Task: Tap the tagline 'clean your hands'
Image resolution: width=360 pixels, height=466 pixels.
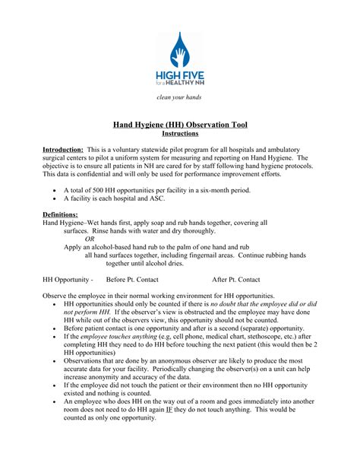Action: [x=179, y=98]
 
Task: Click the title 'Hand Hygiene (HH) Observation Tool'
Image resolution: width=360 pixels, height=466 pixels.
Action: [x=180, y=124]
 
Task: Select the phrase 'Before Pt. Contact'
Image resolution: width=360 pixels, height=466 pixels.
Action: [x=132, y=280]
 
